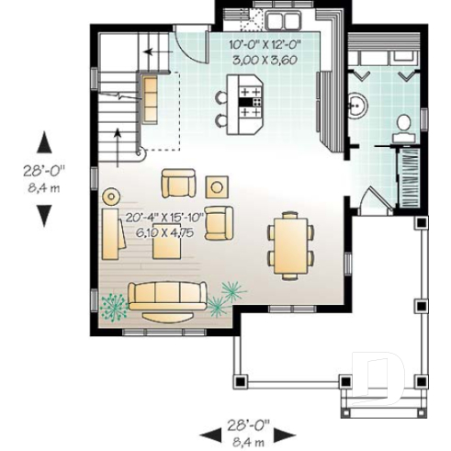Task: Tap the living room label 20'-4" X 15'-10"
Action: click(166, 218)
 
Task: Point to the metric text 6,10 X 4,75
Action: click(166, 232)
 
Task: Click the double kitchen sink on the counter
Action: click(278, 17)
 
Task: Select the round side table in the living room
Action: click(111, 196)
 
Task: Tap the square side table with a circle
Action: click(218, 186)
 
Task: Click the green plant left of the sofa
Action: click(114, 304)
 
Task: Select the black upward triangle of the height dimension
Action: click(44, 143)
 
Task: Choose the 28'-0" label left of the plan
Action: click(44, 171)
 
